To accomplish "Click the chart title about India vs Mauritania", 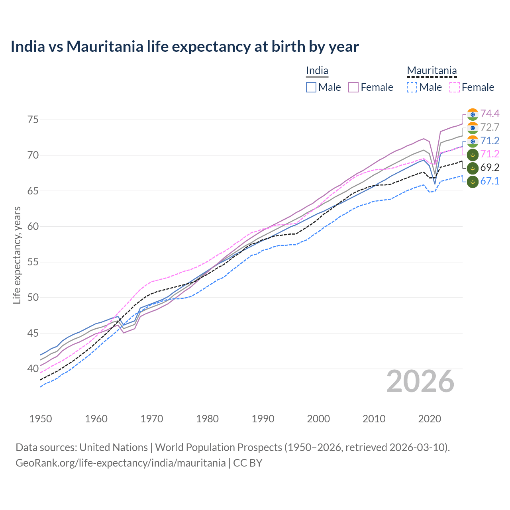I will tap(184, 47).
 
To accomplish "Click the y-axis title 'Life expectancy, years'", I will tap(17, 255).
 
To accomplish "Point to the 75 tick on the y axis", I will tap(33, 120).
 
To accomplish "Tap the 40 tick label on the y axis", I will tap(33, 369).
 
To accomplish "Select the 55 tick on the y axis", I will tap(33, 262).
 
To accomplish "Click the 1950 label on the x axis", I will tap(41, 419).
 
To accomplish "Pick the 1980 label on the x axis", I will tap(207, 419).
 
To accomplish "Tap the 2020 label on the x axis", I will tap(430, 419).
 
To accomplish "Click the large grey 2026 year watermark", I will tap(420, 382).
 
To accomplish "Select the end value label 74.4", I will tap(490, 114).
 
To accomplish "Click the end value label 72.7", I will tap(490, 127).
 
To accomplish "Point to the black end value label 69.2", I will tap(490, 168).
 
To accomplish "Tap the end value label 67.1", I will tap(490, 181).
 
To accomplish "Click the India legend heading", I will tap(317, 71).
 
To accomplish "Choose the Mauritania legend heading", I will tap(432, 71).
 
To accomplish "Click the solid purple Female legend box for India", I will tap(353, 87).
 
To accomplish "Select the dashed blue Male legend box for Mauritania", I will tap(412, 87).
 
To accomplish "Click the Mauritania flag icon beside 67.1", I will tap(473, 182).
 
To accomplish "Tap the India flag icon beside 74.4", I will tap(473, 114).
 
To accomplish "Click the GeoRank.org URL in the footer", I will tap(120, 463).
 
